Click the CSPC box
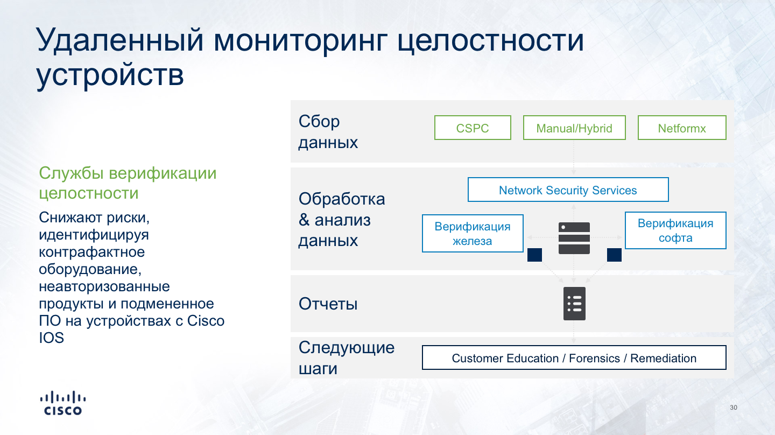(473, 128)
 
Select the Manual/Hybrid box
(574, 128)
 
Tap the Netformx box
(682, 128)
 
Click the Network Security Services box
(568, 190)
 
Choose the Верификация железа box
(473, 233)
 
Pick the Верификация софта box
(675, 230)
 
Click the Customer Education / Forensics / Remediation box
(574, 357)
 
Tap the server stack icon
(574, 238)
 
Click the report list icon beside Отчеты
(574, 304)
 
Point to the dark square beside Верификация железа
(534, 255)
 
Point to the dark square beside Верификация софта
(614, 255)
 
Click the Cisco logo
(63, 403)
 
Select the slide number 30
(734, 408)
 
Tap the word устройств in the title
(110, 75)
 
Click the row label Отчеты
(328, 304)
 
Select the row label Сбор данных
(328, 132)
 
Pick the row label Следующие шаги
(347, 358)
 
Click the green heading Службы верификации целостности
(128, 183)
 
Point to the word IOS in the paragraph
(52, 338)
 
